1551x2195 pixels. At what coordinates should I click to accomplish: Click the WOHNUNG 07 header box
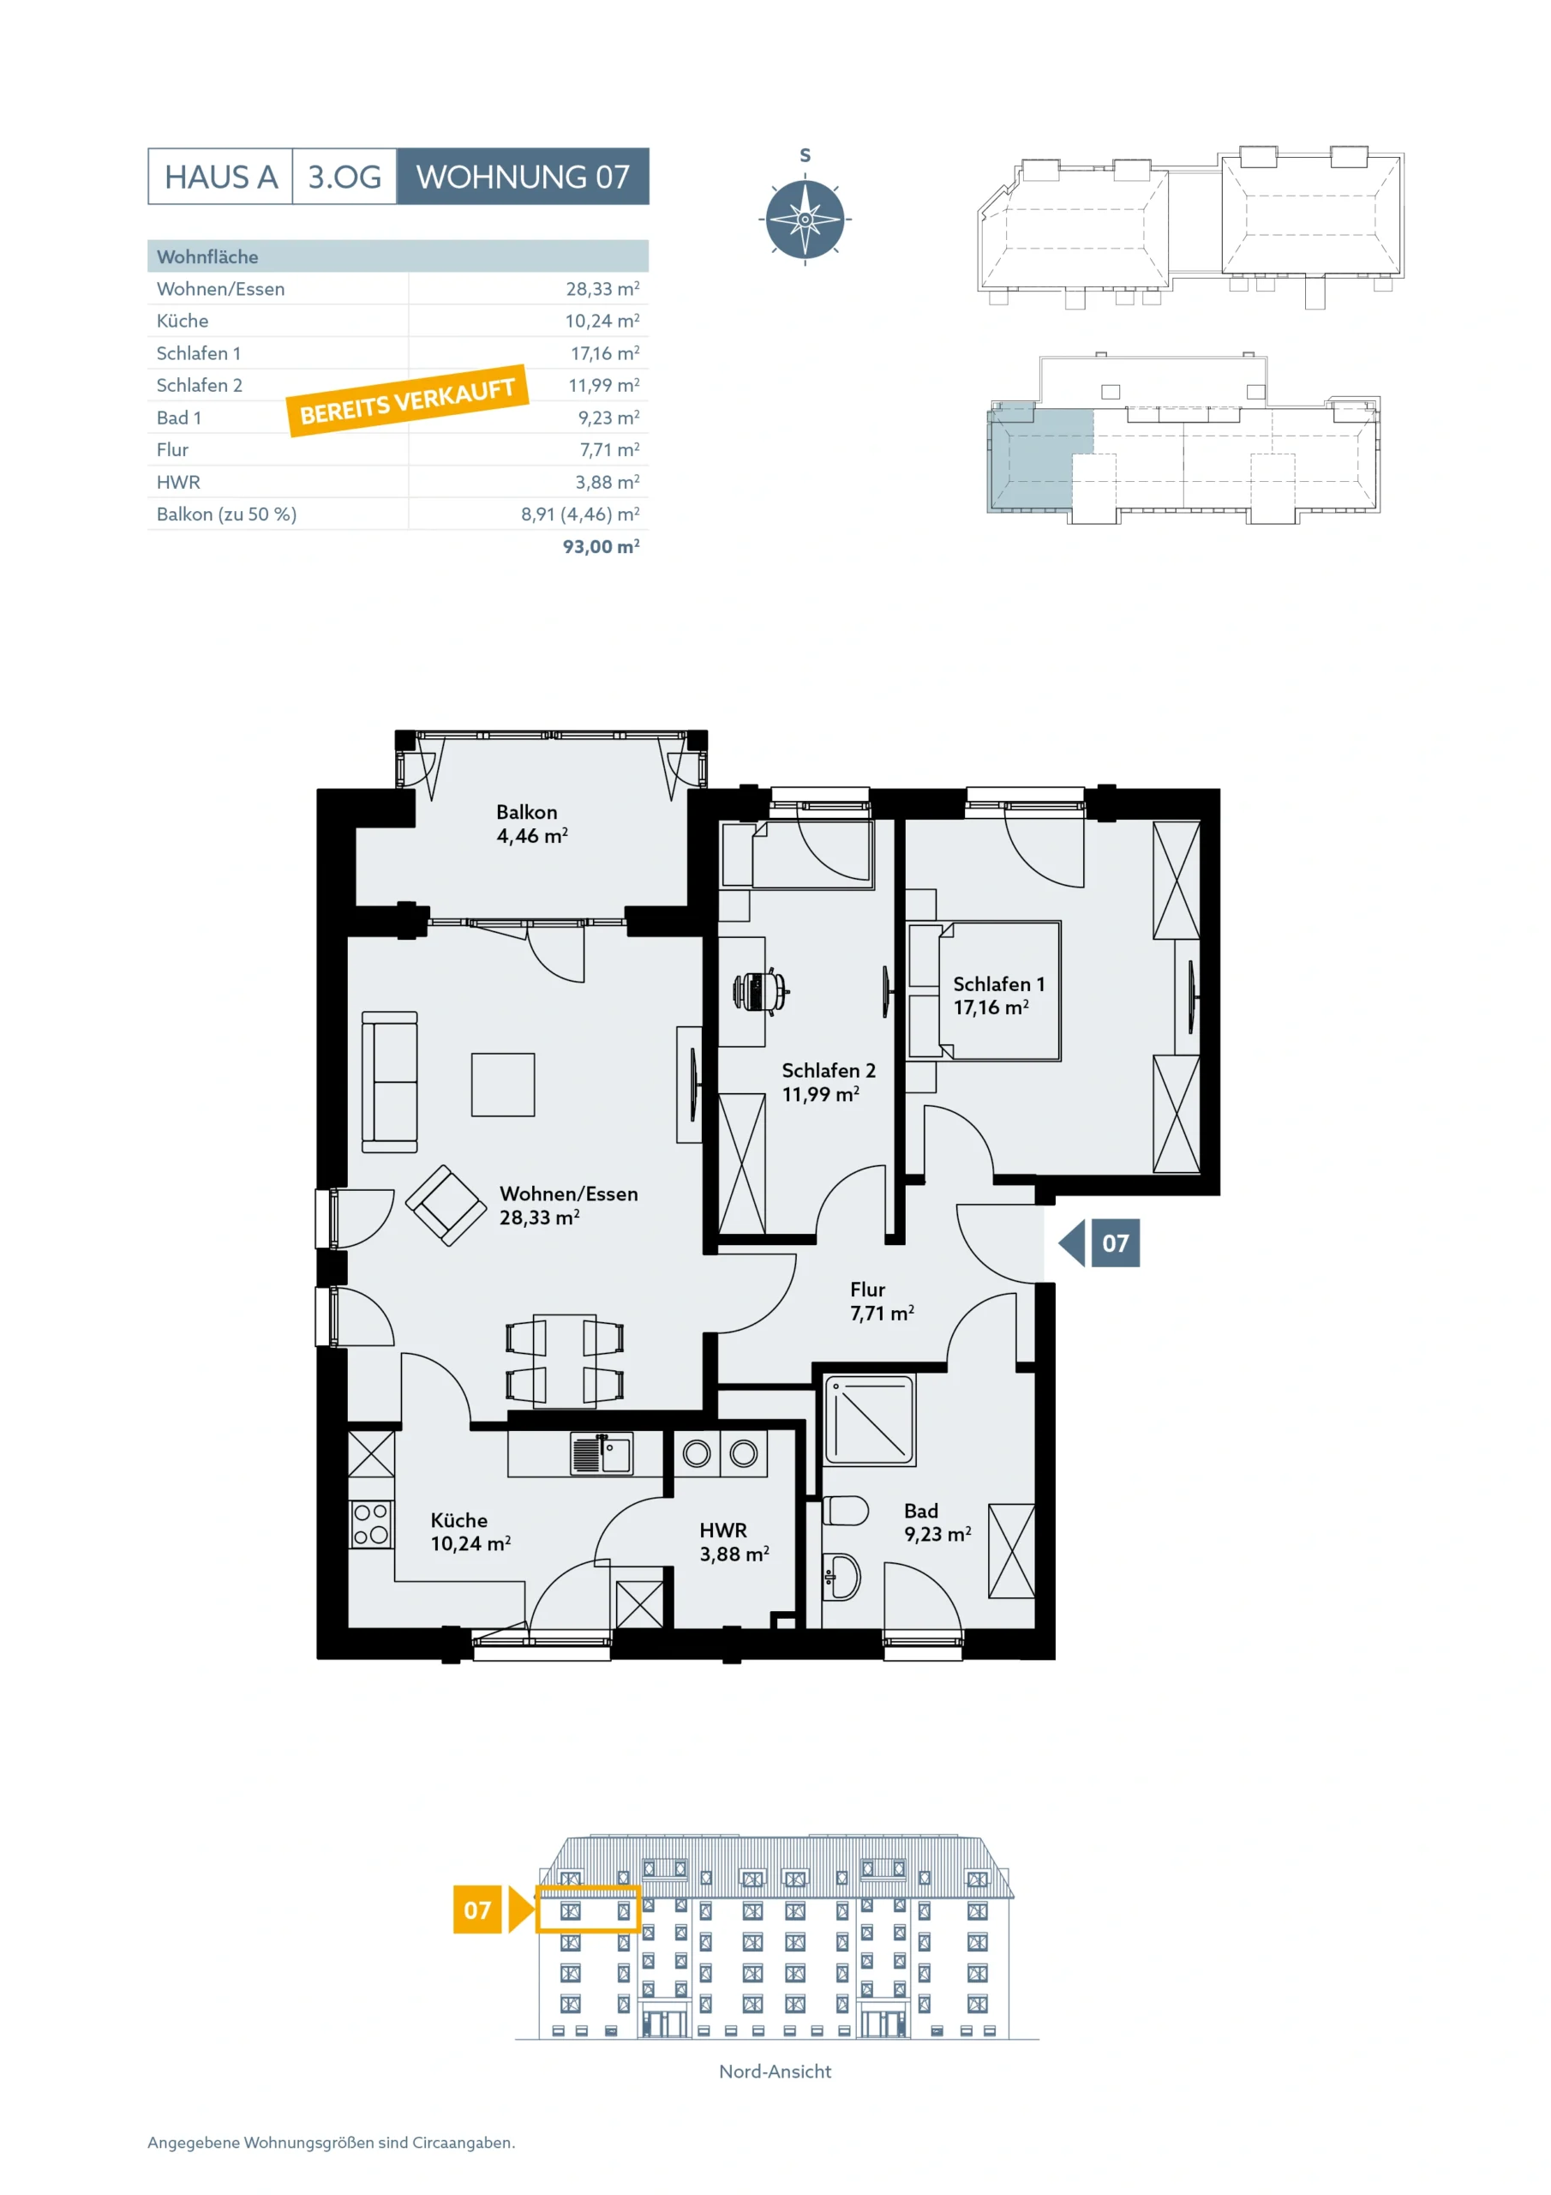(523, 176)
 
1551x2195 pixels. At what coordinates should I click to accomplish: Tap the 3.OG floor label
(344, 177)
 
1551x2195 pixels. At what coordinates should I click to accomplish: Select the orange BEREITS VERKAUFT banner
(407, 400)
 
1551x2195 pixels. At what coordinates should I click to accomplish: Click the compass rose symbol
(805, 219)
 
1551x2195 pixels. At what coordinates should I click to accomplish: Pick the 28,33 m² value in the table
(602, 289)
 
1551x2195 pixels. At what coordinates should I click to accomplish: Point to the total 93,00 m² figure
(601, 546)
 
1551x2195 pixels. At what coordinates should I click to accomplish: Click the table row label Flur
(173, 449)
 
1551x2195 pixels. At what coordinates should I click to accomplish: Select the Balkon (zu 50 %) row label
(226, 514)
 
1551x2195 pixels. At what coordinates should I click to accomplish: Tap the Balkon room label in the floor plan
(526, 812)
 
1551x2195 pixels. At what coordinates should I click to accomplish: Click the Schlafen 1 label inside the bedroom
(998, 983)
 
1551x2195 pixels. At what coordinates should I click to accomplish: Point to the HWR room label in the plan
(723, 1530)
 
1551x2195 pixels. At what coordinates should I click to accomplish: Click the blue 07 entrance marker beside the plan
(1100, 1242)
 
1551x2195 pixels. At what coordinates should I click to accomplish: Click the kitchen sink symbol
(601, 1454)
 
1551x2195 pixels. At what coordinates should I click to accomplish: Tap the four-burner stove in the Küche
(371, 1524)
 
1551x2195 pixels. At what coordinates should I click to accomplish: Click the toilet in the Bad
(845, 1512)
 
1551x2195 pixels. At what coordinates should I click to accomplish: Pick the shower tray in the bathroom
(870, 1420)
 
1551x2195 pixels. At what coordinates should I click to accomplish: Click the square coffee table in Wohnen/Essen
(503, 1084)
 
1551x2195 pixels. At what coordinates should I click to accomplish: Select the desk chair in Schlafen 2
(761, 991)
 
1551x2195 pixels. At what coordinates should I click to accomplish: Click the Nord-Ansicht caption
(775, 2072)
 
